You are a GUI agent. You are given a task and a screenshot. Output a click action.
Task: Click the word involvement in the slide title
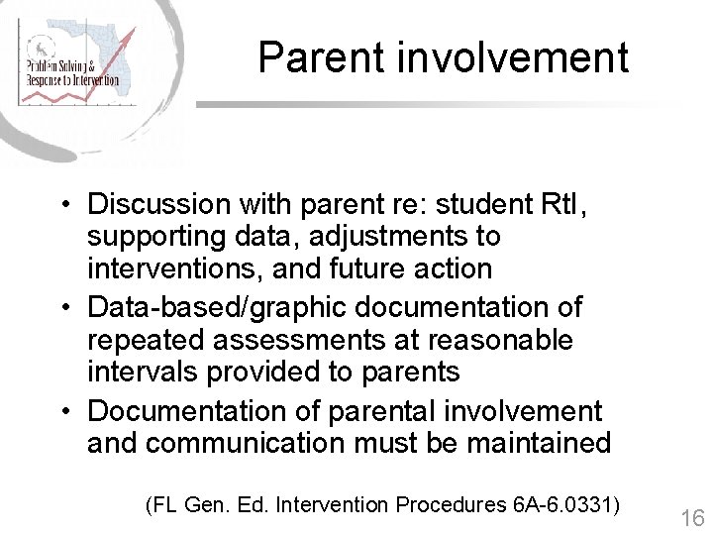[512, 57]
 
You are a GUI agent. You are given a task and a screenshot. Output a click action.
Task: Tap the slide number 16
[692, 518]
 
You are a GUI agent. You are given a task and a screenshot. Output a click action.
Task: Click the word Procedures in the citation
[451, 505]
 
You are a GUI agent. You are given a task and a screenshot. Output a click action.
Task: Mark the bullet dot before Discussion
[62, 206]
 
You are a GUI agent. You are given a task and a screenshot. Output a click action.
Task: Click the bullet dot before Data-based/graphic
[62, 309]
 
